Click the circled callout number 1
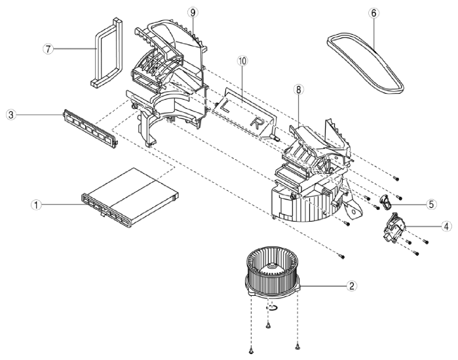[36, 205]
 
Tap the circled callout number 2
[352, 285]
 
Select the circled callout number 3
[10, 115]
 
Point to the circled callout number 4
[446, 226]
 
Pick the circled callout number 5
[431, 204]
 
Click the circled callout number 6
[374, 13]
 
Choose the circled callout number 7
[48, 49]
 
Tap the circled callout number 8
[298, 90]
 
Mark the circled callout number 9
[193, 12]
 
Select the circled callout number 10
[242, 61]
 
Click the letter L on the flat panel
[224, 106]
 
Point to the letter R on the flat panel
[257, 123]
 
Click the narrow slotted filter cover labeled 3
[90, 129]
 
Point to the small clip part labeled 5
[385, 201]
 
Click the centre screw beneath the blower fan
[268, 325]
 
